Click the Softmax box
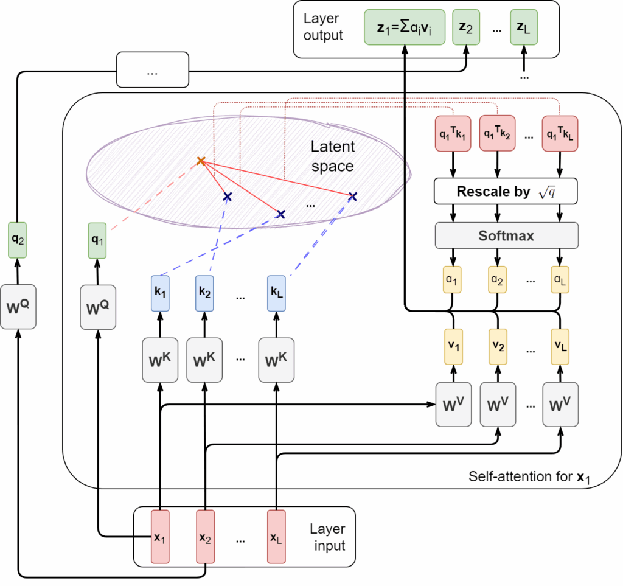tap(506, 235)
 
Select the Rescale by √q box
tap(506, 192)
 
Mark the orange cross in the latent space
tap(201, 161)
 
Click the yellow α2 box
tap(498, 282)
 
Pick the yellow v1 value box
tap(452, 346)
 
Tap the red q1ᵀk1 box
tap(452, 133)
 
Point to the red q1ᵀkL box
tap(559, 133)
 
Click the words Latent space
tap(332, 156)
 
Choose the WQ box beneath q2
tap(18, 307)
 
